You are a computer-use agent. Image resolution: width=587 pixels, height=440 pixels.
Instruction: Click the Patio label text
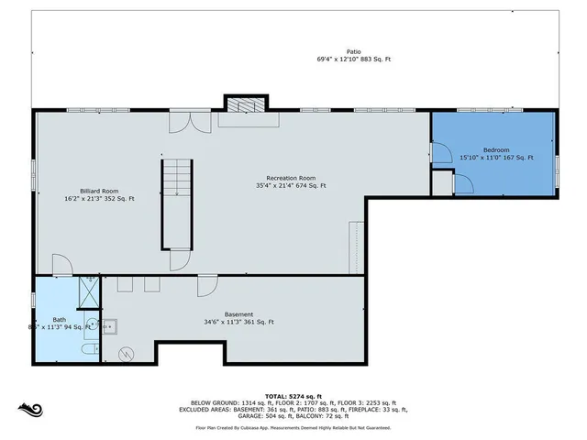353,52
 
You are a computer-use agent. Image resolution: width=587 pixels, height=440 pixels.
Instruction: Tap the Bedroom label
496,149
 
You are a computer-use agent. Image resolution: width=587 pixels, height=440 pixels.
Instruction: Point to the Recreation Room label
292,178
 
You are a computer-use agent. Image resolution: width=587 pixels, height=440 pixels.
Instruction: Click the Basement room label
238,314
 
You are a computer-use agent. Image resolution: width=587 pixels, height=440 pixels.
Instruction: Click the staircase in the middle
178,203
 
